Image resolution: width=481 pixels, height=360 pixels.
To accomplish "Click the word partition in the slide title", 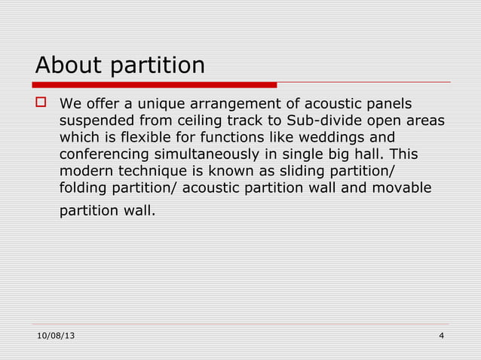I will click(x=157, y=67).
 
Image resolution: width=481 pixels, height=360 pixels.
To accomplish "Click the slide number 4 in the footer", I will click(x=441, y=335).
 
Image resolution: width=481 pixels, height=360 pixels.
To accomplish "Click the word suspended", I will click(x=94, y=121).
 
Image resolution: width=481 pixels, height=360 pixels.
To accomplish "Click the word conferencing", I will click(x=102, y=154).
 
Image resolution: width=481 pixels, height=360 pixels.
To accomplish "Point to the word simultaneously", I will click(x=200, y=154).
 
